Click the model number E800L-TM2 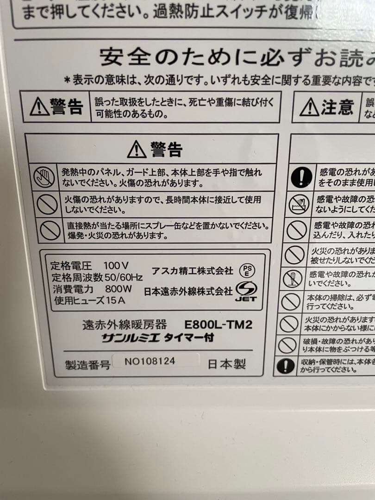pos(218,325)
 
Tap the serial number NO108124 pos(150,361)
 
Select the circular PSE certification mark pos(247,271)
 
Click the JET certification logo pos(245,292)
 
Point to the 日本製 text pos(226,364)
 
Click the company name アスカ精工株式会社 pos(192,270)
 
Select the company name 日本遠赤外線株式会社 pos(188,291)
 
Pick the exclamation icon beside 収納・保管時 pos(286,366)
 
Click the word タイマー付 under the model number pos(190,337)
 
